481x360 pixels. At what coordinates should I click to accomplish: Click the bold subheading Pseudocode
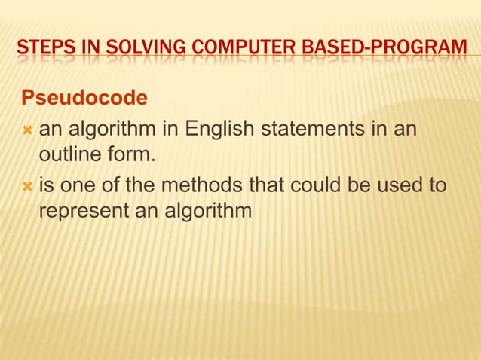[x=84, y=99]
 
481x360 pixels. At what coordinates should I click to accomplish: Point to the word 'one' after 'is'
[x=78, y=185]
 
